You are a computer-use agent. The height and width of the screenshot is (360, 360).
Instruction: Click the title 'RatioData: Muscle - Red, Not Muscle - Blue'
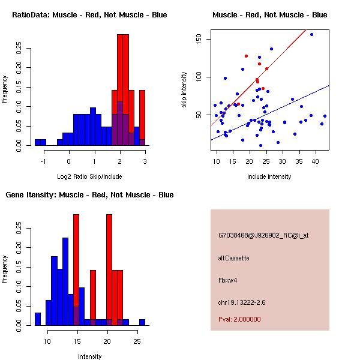(89, 14)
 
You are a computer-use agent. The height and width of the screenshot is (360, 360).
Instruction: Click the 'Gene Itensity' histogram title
(89, 194)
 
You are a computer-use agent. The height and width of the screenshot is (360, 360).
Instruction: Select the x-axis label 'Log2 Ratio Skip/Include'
(89, 176)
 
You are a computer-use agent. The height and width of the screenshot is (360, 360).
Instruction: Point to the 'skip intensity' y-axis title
(184, 90)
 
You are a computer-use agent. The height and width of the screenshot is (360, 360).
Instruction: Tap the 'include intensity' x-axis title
(269, 176)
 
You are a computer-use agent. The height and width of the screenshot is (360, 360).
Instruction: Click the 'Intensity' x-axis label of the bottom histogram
(89, 356)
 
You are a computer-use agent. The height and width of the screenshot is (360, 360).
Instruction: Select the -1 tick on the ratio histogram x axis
(44, 161)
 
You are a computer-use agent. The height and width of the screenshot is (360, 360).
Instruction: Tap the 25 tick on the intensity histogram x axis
(136, 341)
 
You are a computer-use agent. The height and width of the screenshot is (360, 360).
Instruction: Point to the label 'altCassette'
(233, 258)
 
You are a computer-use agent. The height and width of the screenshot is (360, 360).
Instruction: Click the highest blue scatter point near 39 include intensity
(311, 34)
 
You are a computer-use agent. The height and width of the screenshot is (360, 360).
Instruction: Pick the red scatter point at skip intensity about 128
(246, 56)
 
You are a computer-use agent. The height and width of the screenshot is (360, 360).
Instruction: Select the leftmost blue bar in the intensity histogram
(37, 319)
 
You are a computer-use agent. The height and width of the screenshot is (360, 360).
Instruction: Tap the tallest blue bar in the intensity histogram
(65, 281)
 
